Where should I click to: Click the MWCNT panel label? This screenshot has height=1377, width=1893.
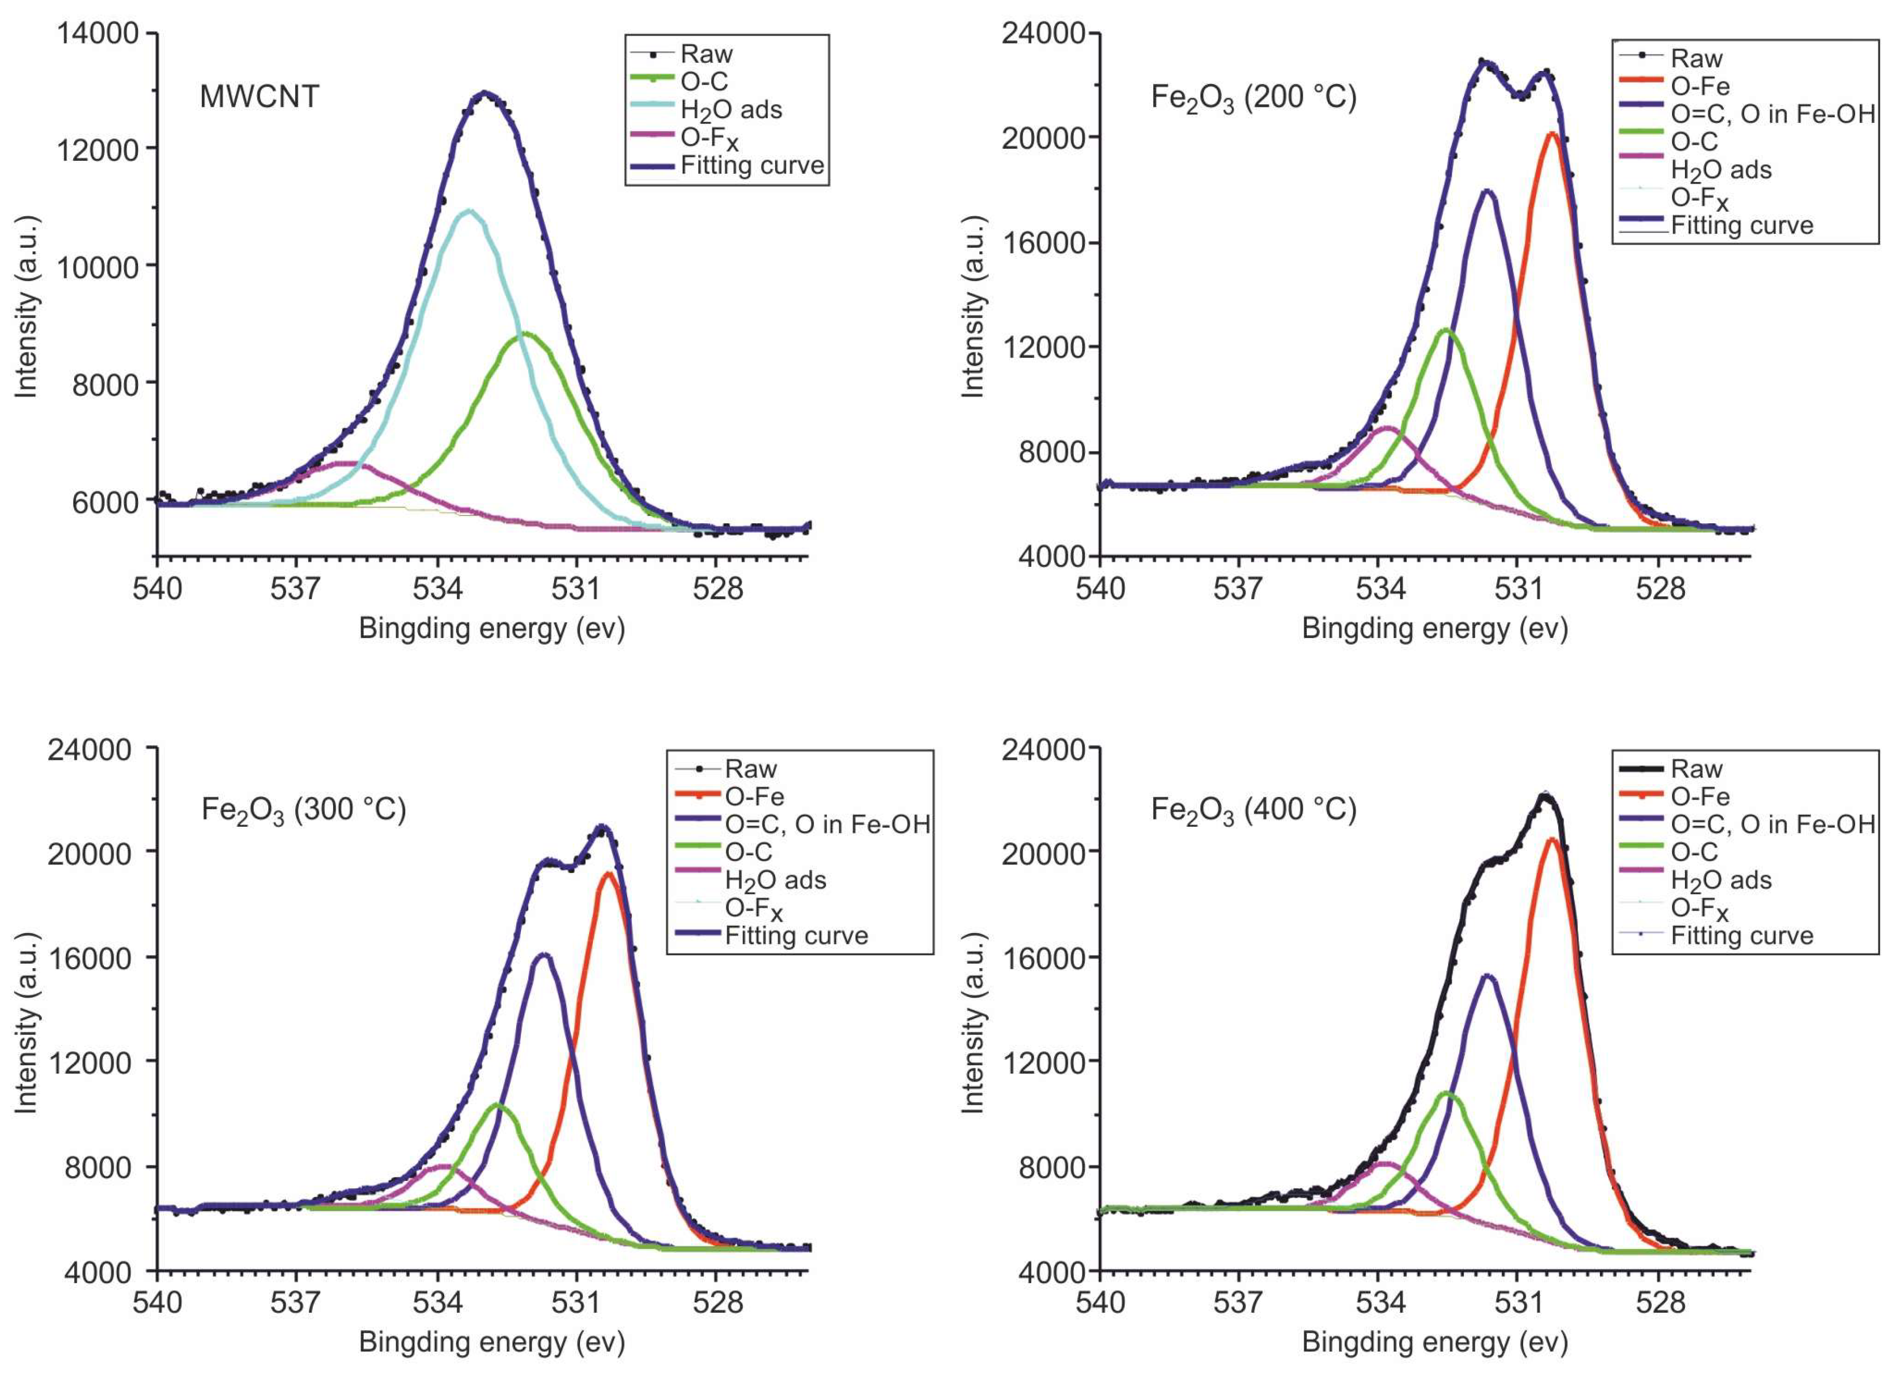point(259,97)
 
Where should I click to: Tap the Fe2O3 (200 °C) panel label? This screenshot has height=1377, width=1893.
point(1253,98)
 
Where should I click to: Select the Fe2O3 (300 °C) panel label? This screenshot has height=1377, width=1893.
point(304,810)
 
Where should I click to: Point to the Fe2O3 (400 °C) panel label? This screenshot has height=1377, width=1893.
point(1253,810)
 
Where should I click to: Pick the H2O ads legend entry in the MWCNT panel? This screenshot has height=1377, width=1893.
point(731,110)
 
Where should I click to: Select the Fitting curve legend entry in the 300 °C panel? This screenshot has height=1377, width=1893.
point(795,936)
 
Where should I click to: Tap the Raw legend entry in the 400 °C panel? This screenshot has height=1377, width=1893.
point(1696,769)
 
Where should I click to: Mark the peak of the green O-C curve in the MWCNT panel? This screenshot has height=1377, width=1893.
point(526,334)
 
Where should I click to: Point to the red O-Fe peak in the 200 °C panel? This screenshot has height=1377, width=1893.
point(1551,133)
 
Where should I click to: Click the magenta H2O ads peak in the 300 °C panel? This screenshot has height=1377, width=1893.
point(443,1166)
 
